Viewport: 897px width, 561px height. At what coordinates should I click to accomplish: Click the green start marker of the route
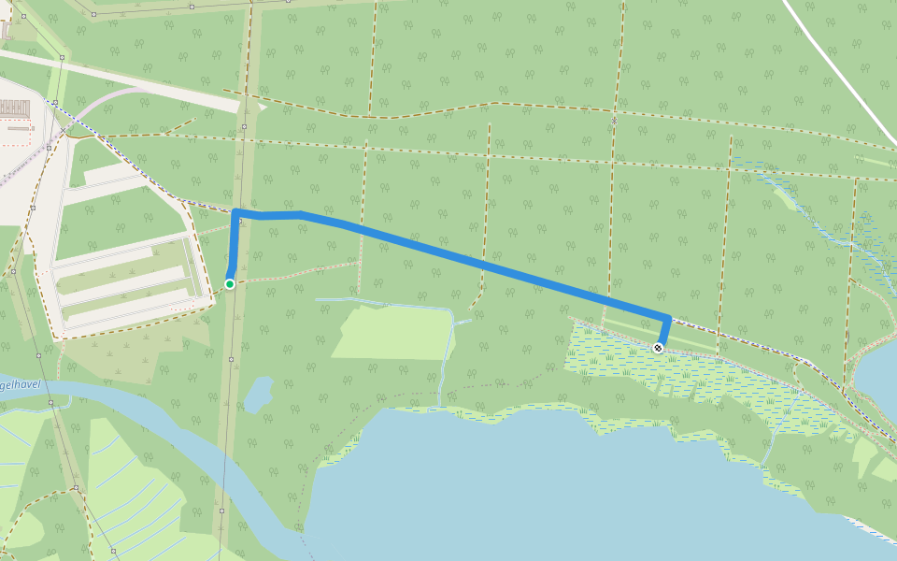[229, 283]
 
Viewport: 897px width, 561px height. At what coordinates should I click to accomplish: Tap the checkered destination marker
[659, 348]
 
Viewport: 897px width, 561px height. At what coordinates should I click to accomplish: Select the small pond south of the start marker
[257, 396]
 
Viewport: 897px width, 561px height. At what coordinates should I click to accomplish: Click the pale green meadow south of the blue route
[392, 333]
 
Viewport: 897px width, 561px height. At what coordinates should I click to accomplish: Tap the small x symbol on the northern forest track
[614, 120]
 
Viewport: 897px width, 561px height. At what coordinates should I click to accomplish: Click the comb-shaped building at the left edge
[14, 108]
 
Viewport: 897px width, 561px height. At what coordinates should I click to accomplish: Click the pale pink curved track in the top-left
[103, 103]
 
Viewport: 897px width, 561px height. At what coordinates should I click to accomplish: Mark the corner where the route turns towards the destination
[668, 317]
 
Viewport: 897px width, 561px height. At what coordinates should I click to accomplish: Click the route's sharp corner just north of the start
[235, 212]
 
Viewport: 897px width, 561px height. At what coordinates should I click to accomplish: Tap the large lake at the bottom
[561, 486]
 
